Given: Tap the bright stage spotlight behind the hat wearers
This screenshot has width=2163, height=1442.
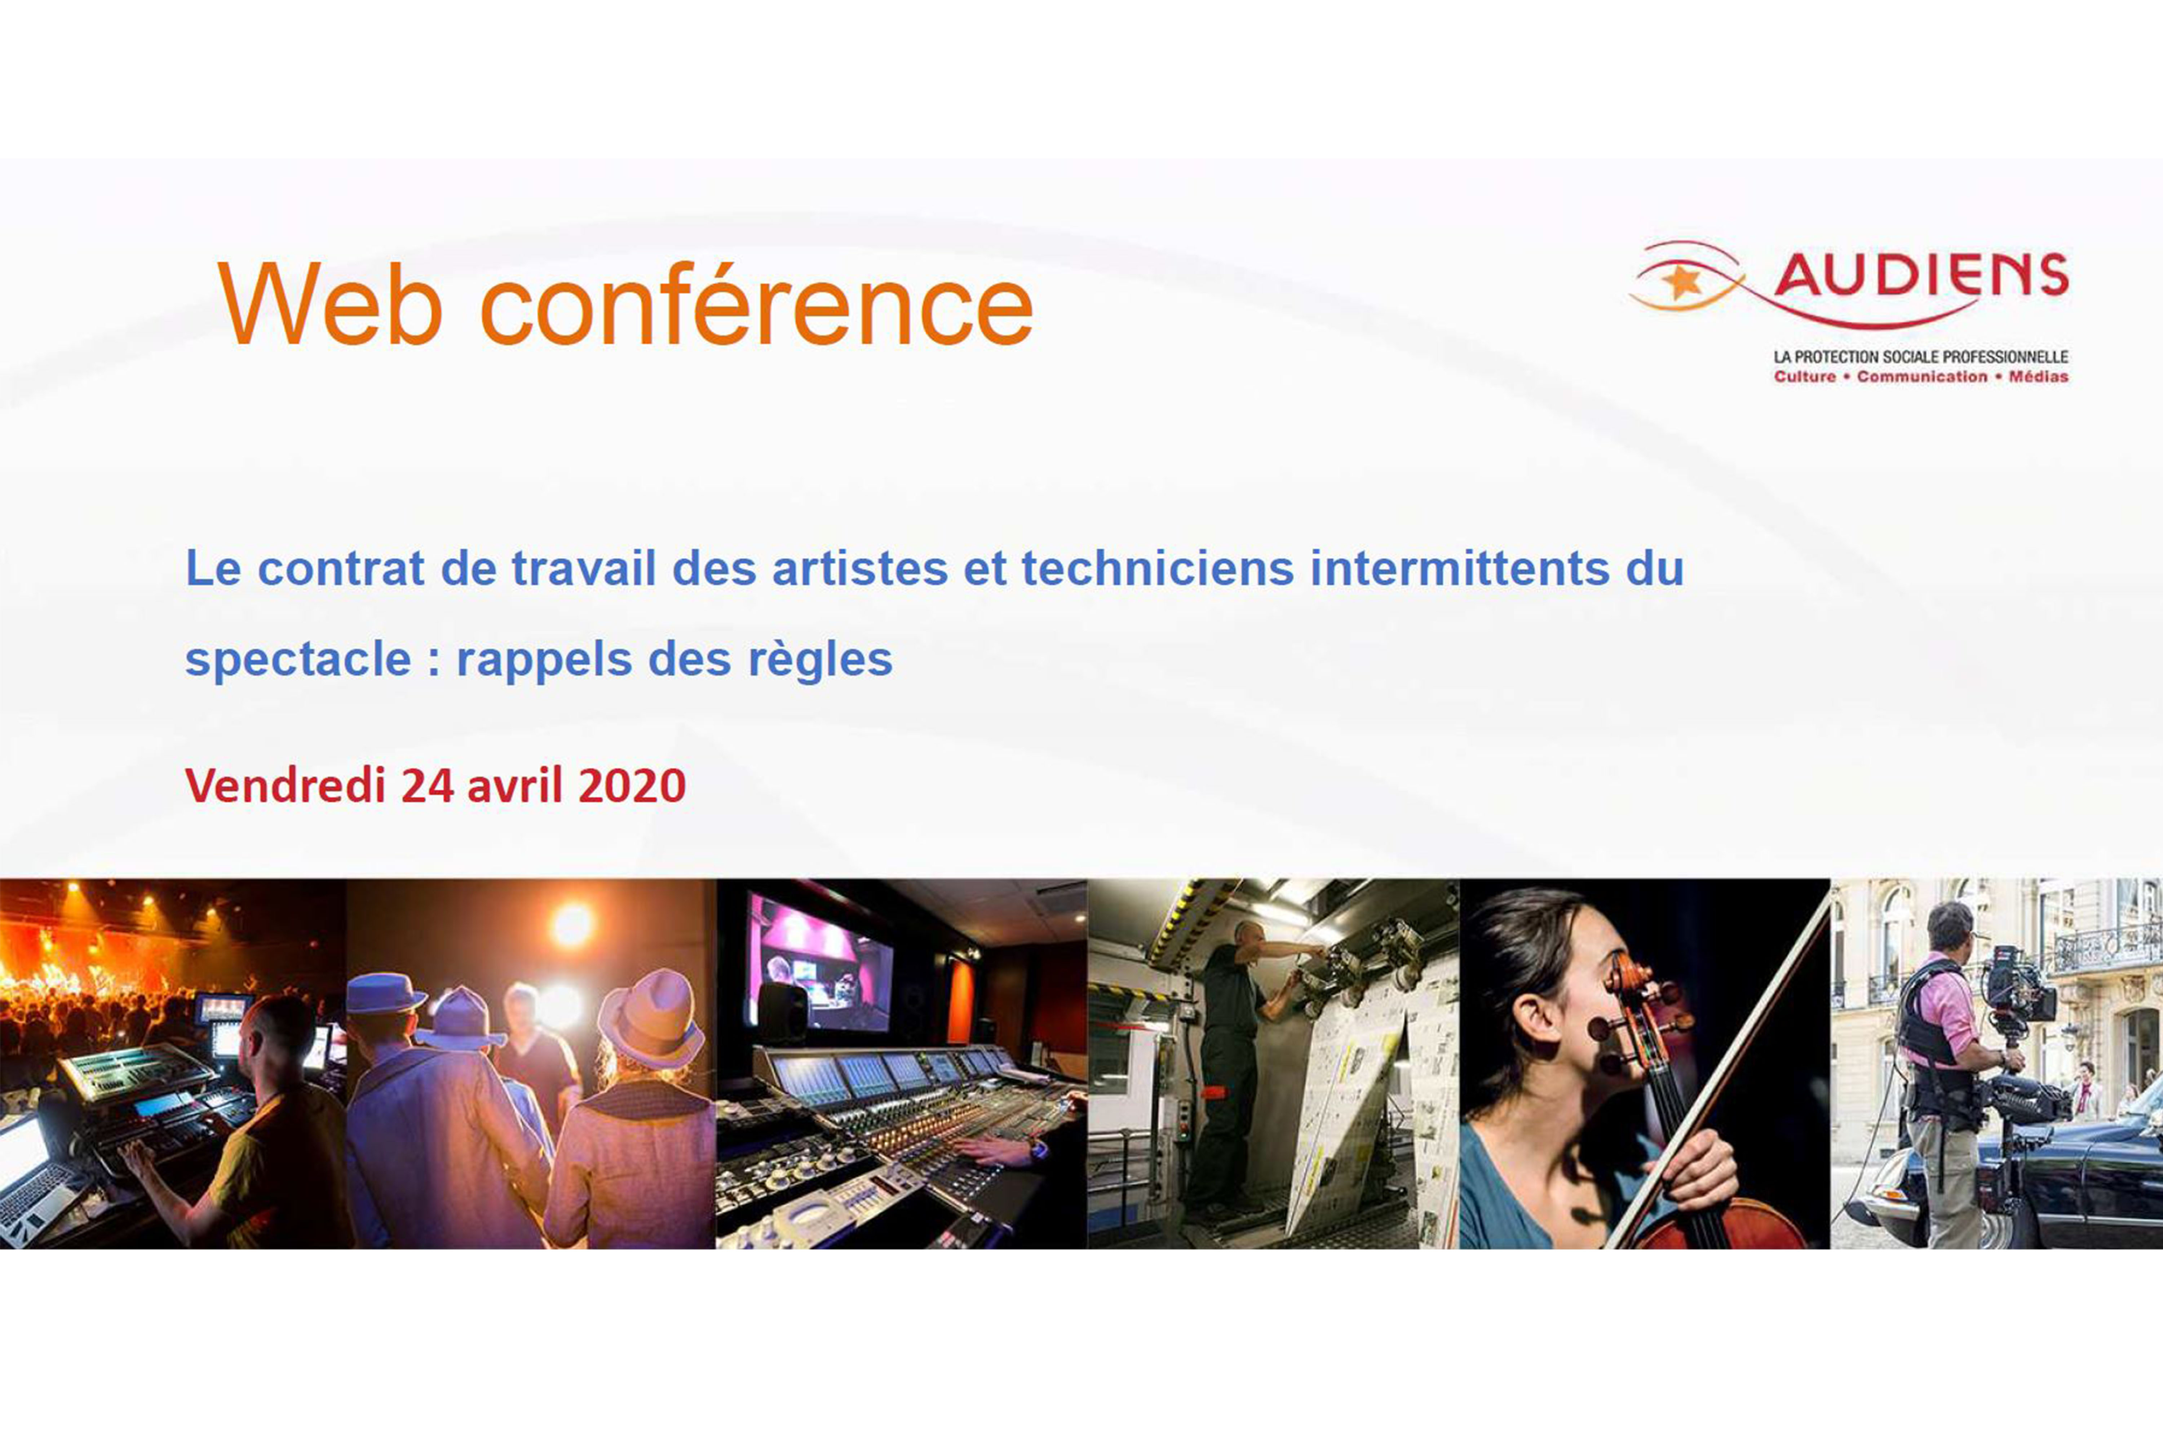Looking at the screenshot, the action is coord(572,924).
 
